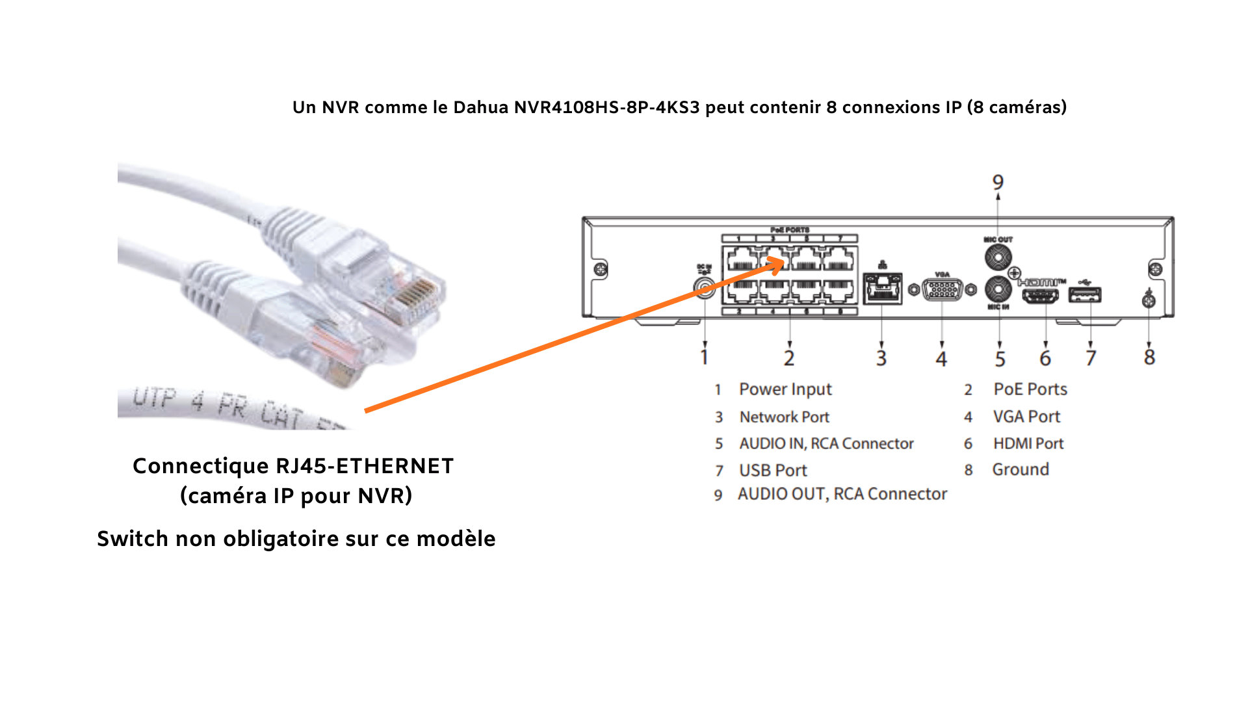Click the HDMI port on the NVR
(1040, 296)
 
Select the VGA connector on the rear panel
(942, 290)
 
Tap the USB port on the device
(1085, 296)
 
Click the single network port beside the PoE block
(882, 289)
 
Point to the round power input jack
(705, 287)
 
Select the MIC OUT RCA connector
(998, 257)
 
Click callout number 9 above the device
(998, 182)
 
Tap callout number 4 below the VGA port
(941, 358)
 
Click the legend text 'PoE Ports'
(1030, 389)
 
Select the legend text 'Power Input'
(785, 389)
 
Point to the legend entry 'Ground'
(1020, 469)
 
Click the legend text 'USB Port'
(773, 470)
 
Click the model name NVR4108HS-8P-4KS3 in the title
(607, 107)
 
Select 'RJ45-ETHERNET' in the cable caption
(365, 466)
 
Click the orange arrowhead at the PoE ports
(777, 265)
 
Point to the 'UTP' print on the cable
(154, 397)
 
